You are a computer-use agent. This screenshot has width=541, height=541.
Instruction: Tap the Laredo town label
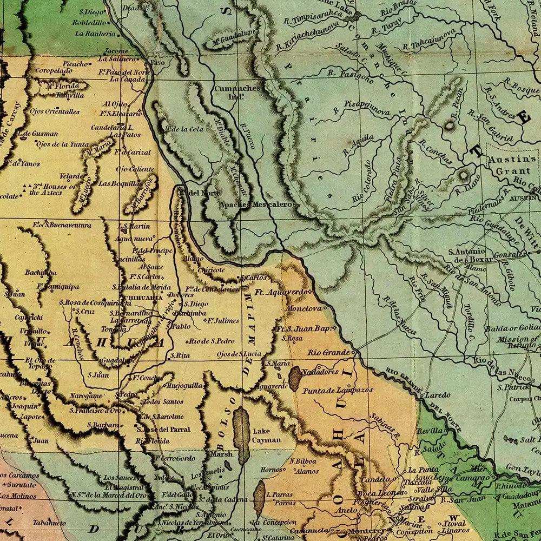pos(438,395)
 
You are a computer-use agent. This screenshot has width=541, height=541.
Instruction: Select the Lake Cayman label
pos(267,436)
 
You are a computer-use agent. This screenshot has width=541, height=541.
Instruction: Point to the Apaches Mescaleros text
pos(256,205)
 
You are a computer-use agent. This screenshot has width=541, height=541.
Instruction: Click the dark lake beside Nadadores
pos(295,378)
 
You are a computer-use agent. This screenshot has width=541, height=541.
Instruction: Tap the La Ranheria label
pos(95,34)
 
